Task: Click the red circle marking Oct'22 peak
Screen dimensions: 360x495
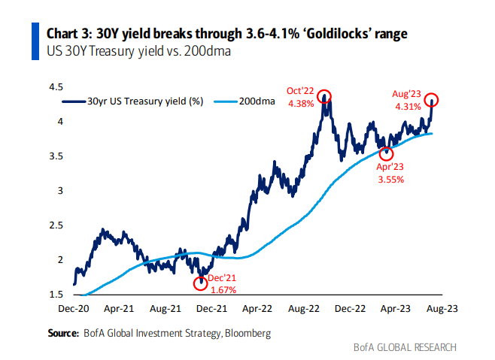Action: (x=324, y=95)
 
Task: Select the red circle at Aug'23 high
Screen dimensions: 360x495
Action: (x=432, y=99)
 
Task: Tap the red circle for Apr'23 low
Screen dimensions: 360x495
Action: (x=387, y=153)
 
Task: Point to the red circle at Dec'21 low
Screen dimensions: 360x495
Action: (x=200, y=283)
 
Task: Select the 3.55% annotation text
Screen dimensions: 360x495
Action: (x=389, y=180)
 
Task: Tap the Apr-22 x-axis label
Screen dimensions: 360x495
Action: (x=257, y=308)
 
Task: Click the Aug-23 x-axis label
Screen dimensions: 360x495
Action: (x=439, y=308)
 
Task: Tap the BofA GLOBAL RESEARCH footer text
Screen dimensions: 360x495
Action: (x=405, y=347)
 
